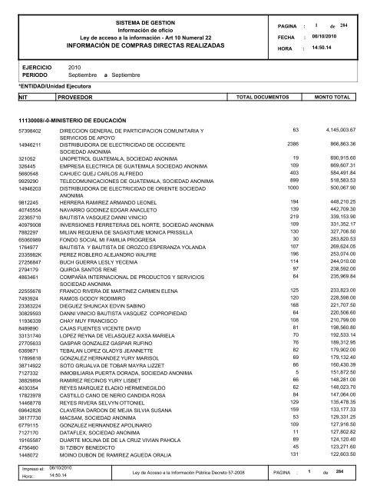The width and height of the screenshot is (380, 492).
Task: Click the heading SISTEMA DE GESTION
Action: (145, 24)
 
